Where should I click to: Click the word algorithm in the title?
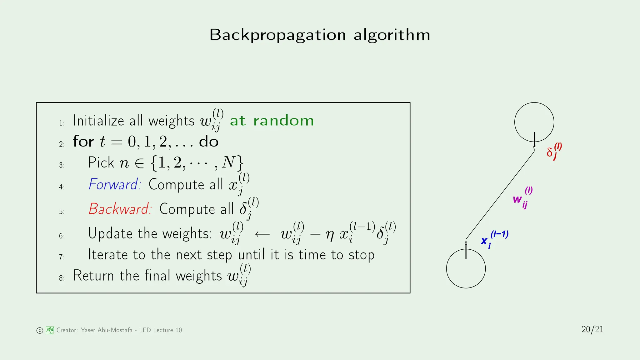(392, 35)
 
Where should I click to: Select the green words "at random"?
(272, 121)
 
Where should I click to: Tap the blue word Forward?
(114, 184)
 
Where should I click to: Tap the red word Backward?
(120, 209)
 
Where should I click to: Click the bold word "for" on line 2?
(83, 142)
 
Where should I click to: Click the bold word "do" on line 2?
(209, 142)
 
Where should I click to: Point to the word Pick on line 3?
(101, 162)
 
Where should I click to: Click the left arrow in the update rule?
(262, 234)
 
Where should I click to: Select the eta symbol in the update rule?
(330, 235)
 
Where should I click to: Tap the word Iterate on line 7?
(108, 255)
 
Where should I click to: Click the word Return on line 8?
(93, 276)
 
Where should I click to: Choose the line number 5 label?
(62, 212)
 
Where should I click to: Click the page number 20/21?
(592, 329)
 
